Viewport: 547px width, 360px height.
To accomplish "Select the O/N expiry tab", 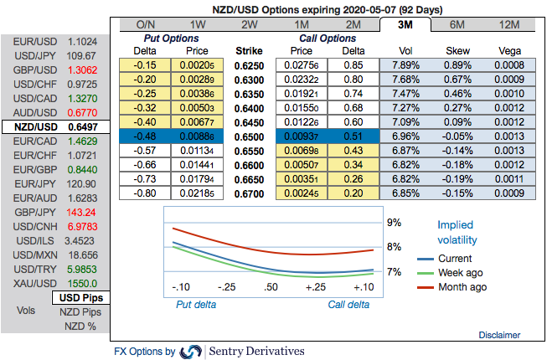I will pos(146,24).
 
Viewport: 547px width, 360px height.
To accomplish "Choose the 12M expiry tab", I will pos(508,24).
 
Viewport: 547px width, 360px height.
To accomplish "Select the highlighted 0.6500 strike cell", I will pos(250,136).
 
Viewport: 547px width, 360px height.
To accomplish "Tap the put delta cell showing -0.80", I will pos(146,193).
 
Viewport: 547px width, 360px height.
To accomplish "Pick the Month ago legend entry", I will pos(461,287).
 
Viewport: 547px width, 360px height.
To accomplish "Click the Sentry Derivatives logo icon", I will pos(191,352).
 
